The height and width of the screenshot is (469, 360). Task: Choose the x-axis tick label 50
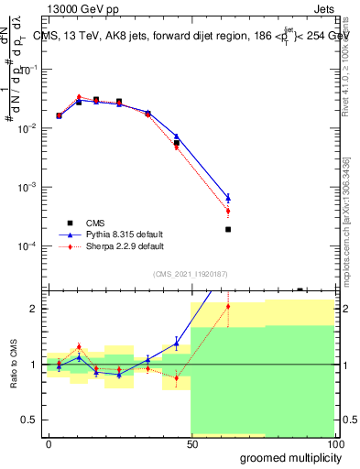pos(191,443)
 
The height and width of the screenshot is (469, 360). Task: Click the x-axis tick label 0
pos(48,443)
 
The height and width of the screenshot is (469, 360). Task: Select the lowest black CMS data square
pos(228,229)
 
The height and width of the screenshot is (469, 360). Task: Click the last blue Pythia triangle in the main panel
pos(228,197)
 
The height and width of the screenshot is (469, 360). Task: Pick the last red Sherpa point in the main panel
pos(228,212)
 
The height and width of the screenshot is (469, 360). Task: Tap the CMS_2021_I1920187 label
pos(190,273)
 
